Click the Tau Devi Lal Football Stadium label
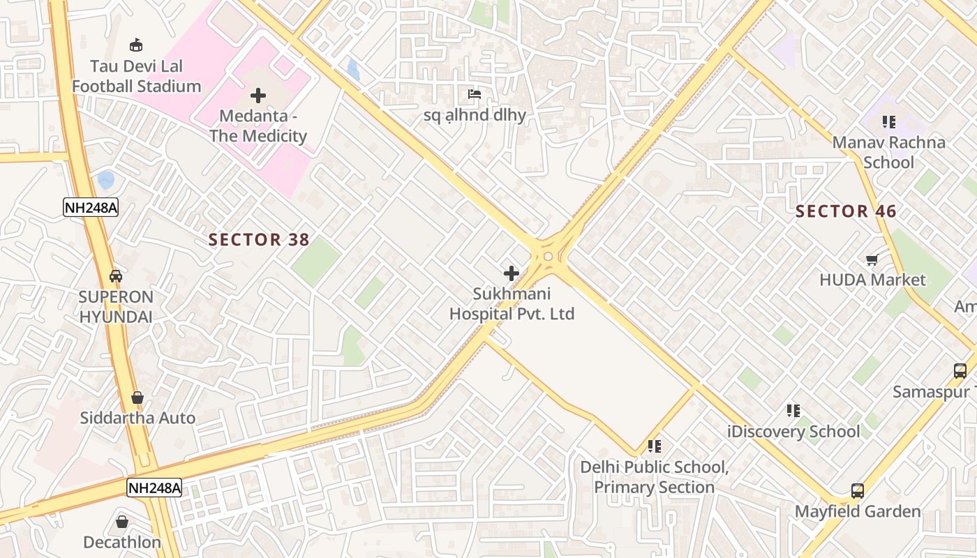click(137, 76)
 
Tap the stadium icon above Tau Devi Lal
click(137, 45)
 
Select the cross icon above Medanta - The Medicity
click(258, 96)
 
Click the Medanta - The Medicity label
click(258, 126)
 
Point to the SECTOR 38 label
click(259, 240)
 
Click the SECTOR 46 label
click(846, 211)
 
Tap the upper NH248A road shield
click(90, 207)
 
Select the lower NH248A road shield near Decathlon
click(154, 488)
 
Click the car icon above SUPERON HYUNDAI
click(116, 276)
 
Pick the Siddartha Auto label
click(137, 418)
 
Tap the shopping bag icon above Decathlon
click(122, 521)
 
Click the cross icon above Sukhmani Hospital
click(512, 273)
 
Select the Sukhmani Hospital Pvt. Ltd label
click(512, 304)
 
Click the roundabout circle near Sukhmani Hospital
click(548, 257)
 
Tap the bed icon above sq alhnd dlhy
click(475, 94)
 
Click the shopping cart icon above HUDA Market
click(872, 260)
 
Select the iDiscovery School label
click(793, 432)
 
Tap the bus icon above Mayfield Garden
click(858, 491)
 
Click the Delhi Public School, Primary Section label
click(654, 477)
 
